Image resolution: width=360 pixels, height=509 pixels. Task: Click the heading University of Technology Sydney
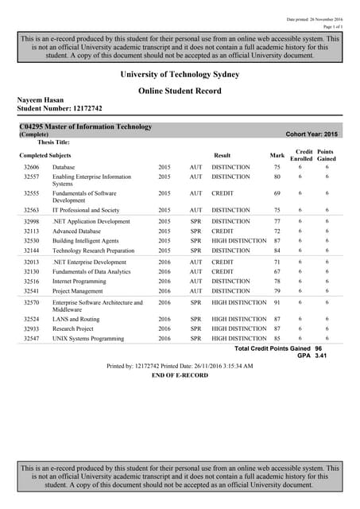[179, 75]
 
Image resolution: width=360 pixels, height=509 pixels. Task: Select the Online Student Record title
[179, 93]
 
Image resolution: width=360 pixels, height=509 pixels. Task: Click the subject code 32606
[32, 168]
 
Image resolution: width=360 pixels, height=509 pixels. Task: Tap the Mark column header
[277, 155]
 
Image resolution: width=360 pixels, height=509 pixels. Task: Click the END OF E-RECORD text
[180, 375]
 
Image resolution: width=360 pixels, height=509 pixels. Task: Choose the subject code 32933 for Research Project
[32, 328]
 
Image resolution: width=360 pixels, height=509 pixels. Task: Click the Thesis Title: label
[50, 143]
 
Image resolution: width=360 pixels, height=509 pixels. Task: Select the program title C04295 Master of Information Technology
[85, 127]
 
